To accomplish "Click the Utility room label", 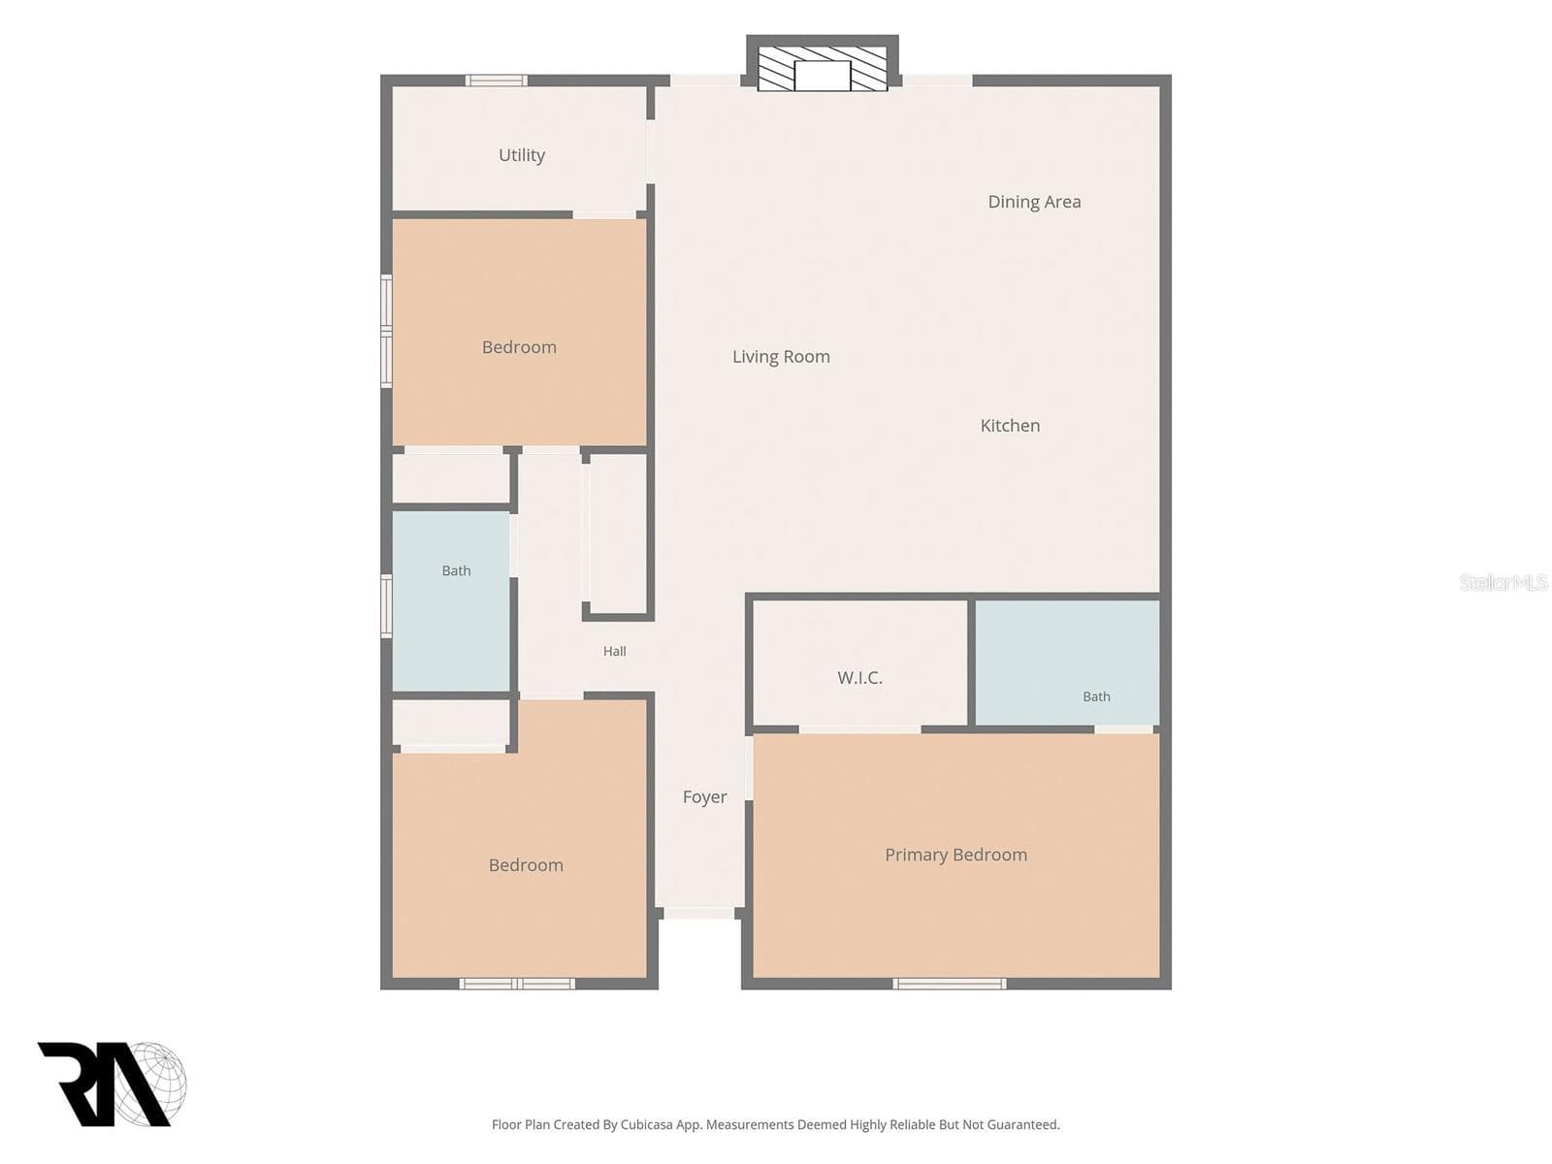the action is pos(521,155).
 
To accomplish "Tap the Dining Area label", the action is pos(1034,202).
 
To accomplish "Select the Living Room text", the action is pos(781,357).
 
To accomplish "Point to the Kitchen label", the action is pos(1010,426).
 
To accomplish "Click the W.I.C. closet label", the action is pos(859,678).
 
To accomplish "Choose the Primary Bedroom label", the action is pos(956,856).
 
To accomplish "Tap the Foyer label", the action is pos(704,797).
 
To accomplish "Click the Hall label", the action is pos(614,652).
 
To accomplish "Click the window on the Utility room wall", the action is pos(496,81).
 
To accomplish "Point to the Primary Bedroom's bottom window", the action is pos(949,983).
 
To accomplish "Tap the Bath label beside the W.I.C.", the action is pos(1096,696).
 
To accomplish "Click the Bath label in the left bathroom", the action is pos(456,571).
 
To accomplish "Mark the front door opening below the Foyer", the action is pos(700,913).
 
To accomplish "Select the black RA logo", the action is pos(105,1083).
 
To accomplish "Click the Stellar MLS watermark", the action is pos(1503,582).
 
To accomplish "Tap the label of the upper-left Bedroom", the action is pos(519,347).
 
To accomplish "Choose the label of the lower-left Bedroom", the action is pos(526,866).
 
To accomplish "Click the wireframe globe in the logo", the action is pos(152,1083).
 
